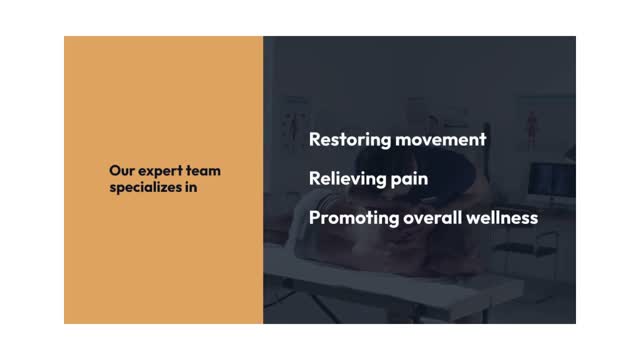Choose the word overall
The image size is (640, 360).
pyautogui.click(x=435, y=218)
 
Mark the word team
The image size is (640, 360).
pyautogui.click(x=203, y=171)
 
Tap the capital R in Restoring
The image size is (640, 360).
pyautogui.click(x=315, y=140)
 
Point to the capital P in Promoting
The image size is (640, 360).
pyautogui.click(x=315, y=218)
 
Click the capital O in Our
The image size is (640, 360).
pyautogui.click(x=113, y=171)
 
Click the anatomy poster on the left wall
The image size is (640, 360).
pyautogui.click(x=297, y=111)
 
